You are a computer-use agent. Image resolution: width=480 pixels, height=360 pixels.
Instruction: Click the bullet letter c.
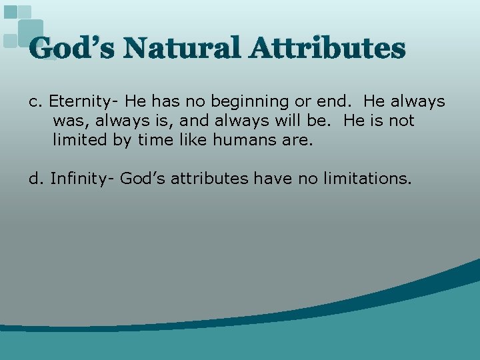pyautogui.click(x=35, y=102)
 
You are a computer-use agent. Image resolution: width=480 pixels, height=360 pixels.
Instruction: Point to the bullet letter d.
pyautogui.click(x=35, y=179)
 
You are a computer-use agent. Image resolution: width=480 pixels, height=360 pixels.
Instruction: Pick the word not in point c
pyautogui.click(x=401, y=121)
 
